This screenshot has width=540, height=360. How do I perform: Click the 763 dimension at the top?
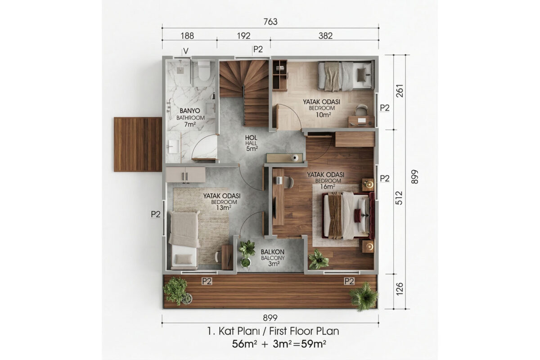click(270, 22)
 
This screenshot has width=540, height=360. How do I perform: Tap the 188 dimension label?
click(187, 36)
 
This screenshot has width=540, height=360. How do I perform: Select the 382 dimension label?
click(325, 36)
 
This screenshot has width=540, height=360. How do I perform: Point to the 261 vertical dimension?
click(400, 90)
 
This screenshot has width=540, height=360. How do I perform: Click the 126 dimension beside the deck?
click(400, 288)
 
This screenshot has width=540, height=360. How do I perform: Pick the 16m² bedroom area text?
click(328, 187)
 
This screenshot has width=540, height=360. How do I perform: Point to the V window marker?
click(185, 51)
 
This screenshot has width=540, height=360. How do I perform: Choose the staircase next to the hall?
click(244, 93)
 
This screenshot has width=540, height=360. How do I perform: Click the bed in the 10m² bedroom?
click(346, 76)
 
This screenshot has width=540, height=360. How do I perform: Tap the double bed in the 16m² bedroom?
click(349, 216)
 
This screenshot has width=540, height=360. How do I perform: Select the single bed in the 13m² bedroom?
click(184, 240)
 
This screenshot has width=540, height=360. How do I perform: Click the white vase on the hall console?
click(295, 157)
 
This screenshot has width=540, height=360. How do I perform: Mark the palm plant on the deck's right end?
click(364, 296)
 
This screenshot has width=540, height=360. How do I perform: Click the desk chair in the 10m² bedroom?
click(361, 110)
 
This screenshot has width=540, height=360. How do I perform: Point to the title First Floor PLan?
click(304, 331)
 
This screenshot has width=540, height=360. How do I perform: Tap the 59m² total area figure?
click(313, 344)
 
